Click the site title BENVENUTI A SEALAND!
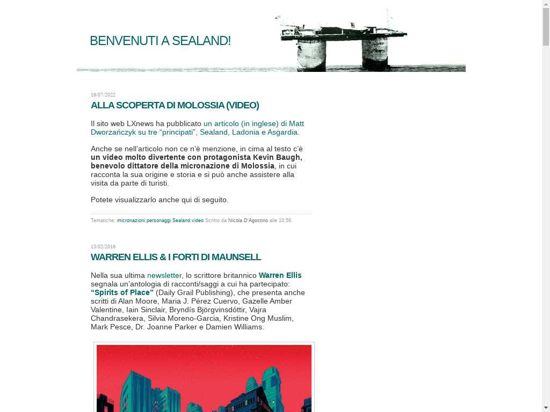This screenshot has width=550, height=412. click(x=160, y=41)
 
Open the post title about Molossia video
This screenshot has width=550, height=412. click(x=175, y=105)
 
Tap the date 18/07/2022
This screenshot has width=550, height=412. click(x=103, y=95)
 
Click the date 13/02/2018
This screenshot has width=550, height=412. click(x=103, y=247)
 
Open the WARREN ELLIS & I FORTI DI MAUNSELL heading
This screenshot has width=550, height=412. click(x=176, y=257)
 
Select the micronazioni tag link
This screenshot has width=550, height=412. click(x=131, y=220)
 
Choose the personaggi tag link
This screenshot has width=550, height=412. click(x=158, y=220)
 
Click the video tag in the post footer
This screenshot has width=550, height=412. click(x=198, y=220)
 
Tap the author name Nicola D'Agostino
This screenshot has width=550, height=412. click(x=248, y=220)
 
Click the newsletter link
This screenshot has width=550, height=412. click(x=164, y=275)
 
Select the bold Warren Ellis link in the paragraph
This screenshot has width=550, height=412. click(x=280, y=275)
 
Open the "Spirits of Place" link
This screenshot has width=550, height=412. click(x=122, y=292)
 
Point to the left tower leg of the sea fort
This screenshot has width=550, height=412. click(x=312, y=55)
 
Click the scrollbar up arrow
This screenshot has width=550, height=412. click(x=546, y=4)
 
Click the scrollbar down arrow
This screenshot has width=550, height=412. click(x=546, y=408)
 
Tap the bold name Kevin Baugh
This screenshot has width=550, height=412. click(x=277, y=157)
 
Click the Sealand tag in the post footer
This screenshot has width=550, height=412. click(x=181, y=220)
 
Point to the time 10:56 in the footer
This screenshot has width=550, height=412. click(x=285, y=220)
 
